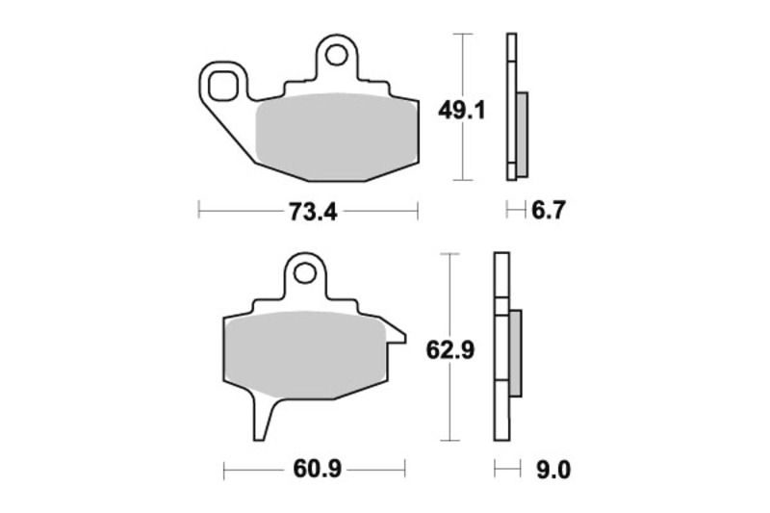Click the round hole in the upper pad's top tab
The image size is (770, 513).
pos(336,55)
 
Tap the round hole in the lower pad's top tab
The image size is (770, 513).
pos(305,274)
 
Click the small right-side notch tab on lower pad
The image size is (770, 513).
pos(395,332)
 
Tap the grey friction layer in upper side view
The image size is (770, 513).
pos(522,134)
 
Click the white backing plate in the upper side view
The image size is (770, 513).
pos(510,106)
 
